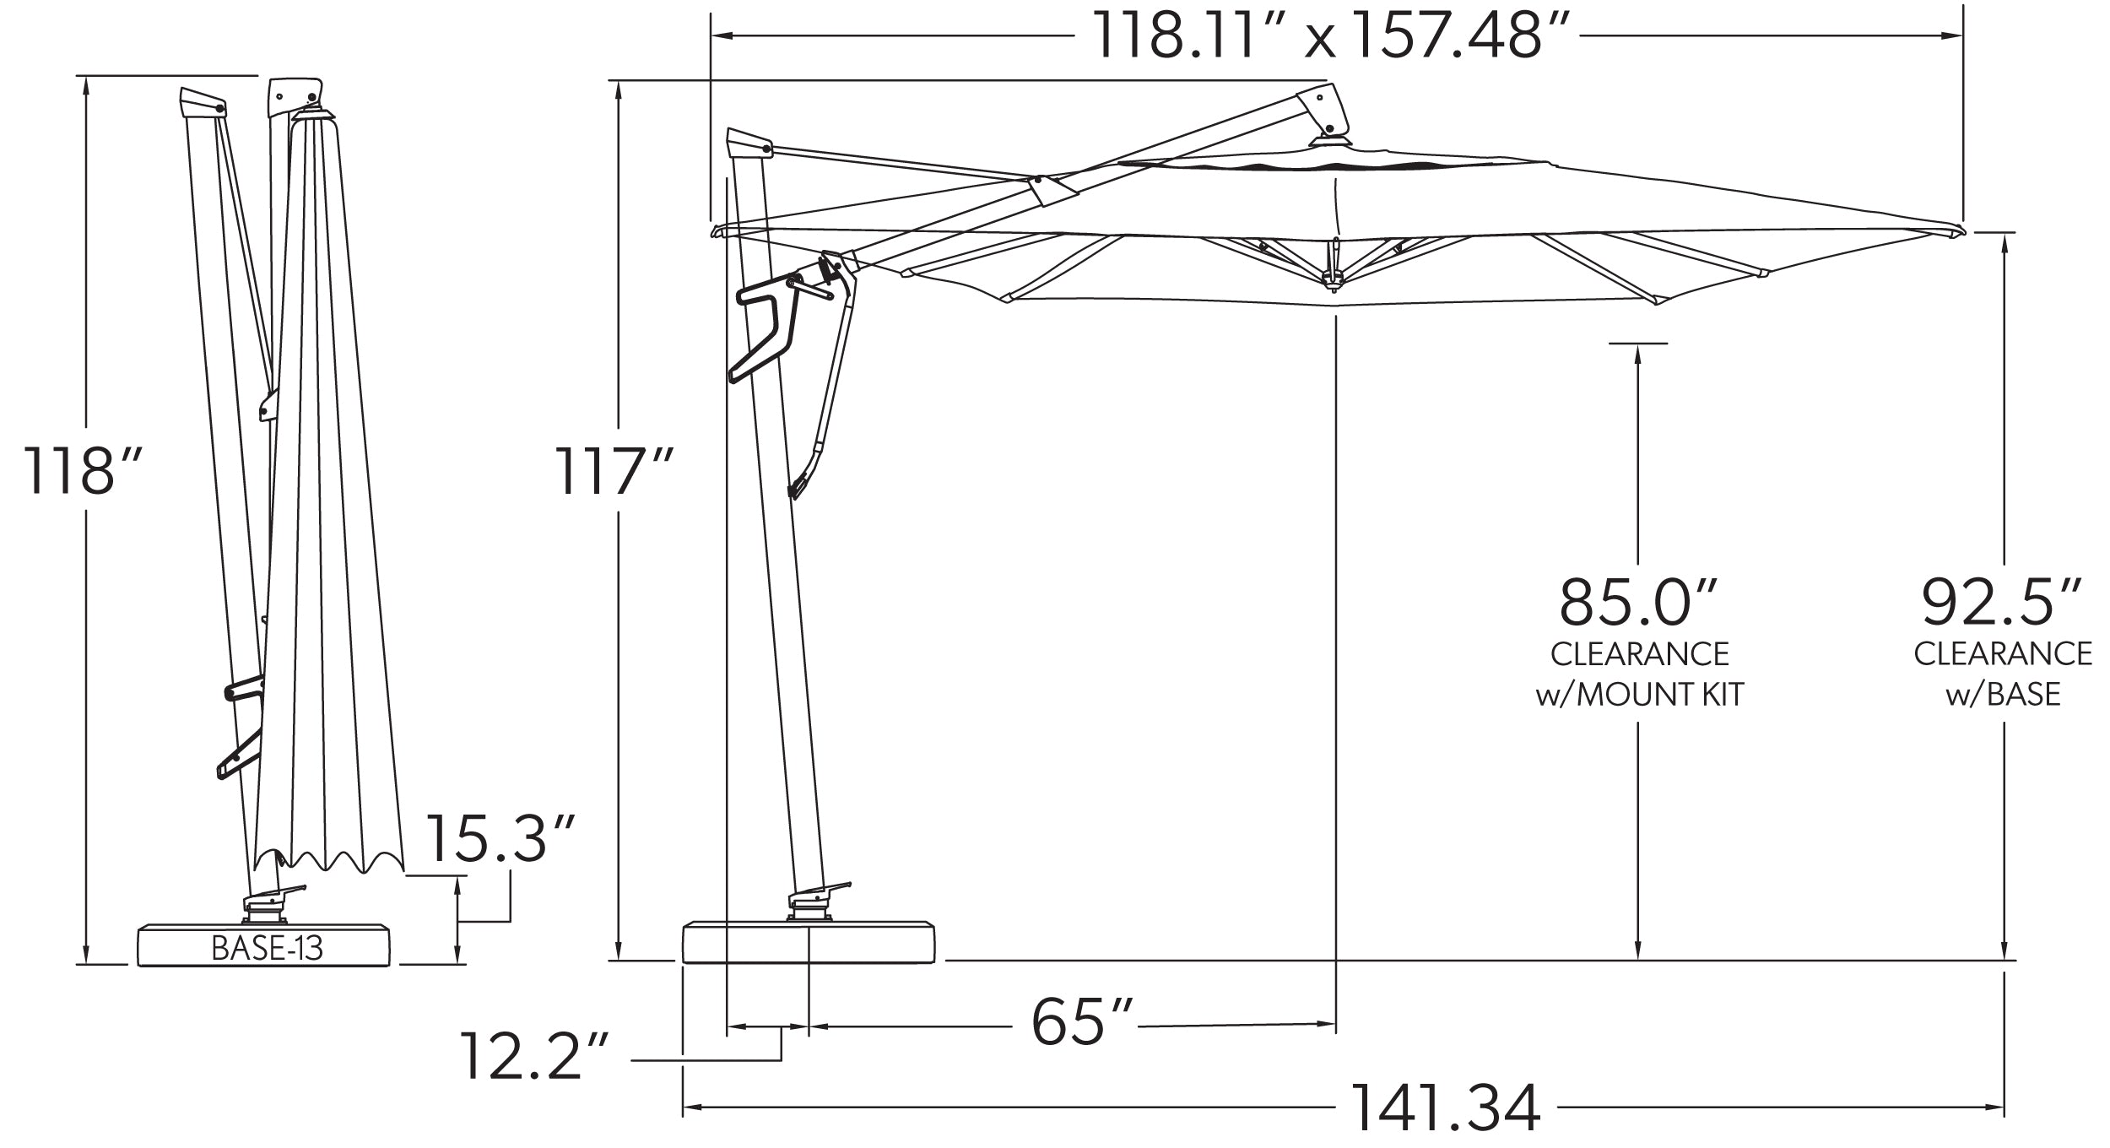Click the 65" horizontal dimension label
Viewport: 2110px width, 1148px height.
(x=1081, y=1023)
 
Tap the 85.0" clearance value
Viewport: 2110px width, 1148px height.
(x=1637, y=602)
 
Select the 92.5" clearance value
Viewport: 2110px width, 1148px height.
(x=2001, y=602)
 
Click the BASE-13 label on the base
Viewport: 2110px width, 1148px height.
(x=267, y=948)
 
